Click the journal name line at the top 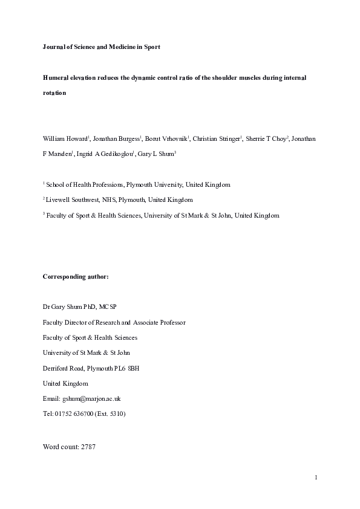(101, 47)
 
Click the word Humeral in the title (56, 79)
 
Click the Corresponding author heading (76, 276)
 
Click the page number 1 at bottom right (316, 478)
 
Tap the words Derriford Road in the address (62, 368)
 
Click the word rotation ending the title (54, 94)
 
